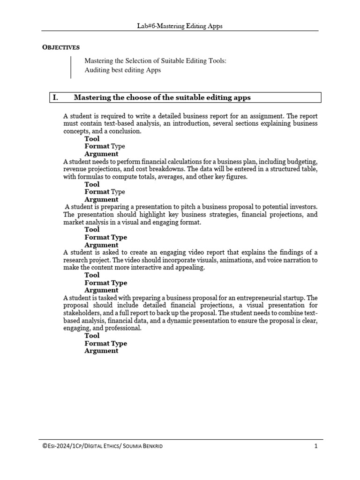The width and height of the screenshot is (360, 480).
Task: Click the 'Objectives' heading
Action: [61, 47]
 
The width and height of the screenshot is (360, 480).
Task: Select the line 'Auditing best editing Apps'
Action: [122, 70]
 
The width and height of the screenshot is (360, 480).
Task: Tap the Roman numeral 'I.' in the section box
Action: [56, 97]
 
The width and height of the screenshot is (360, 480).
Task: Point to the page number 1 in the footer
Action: [316, 446]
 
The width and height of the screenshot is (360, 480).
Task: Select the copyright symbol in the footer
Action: [45, 446]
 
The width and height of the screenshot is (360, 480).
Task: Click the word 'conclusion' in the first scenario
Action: [125, 131]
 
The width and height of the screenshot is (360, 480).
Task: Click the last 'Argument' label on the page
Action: [101, 351]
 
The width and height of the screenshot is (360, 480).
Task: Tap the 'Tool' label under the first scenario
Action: [92, 139]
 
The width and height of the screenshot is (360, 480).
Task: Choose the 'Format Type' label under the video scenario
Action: [105, 283]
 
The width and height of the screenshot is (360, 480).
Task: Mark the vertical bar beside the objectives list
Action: [71, 67]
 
